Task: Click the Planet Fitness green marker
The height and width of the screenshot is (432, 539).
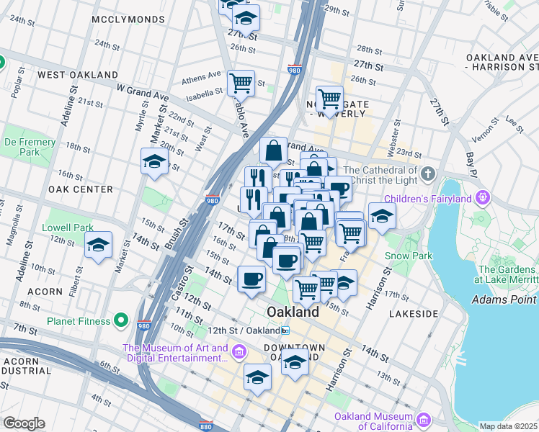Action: [x=121, y=320]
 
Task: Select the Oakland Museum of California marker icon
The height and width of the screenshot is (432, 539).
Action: [x=423, y=420]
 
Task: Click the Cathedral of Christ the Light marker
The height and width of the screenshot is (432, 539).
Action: [x=428, y=174]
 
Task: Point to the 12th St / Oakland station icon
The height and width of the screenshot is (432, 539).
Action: [x=285, y=330]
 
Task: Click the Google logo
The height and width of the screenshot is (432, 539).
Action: [x=24, y=423]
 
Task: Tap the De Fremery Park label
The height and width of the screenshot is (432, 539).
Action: [x=30, y=147]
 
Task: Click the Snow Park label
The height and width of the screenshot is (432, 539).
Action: [x=408, y=256]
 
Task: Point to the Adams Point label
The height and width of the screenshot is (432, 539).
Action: [x=505, y=299]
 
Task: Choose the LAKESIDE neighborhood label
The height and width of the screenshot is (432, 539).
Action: [x=414, y=314]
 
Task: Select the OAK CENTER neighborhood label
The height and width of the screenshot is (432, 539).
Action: [x=80, y=189]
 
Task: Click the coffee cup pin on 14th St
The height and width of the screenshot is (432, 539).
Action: [x=251, y=278]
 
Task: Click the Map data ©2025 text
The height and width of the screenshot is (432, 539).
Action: [x=508, y=426]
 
